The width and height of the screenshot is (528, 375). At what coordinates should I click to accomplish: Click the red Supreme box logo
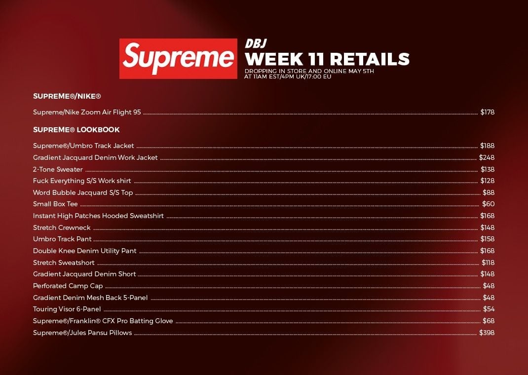coord(178,59)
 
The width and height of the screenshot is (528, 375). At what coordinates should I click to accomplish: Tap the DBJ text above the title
coord(256,43)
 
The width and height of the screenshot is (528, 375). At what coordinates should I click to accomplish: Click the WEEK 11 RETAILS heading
coord(327,59)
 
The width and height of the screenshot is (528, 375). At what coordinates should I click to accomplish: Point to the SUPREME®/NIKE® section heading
coord(67,96)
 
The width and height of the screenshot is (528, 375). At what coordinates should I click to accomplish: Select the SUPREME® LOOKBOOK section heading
coord(76,130)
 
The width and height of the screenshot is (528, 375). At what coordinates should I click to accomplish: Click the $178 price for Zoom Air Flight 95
coord(487,112)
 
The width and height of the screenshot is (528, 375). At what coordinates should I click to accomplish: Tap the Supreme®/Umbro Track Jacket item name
coord(83,146)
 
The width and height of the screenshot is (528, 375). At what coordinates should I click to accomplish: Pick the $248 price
coord(487,157)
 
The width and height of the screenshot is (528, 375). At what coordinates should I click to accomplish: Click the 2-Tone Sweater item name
coord(58,169)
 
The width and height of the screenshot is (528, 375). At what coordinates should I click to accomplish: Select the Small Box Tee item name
coord(55,204)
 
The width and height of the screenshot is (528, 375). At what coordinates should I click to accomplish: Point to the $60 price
coord(488,204)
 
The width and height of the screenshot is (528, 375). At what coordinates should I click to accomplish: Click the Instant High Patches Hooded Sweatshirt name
coord(98,216)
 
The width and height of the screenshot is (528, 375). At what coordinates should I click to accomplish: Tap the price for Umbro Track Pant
coord(487,239)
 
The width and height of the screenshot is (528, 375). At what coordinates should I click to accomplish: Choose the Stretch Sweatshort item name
coord(64,262)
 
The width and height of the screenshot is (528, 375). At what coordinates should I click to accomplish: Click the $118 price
coord(488,262)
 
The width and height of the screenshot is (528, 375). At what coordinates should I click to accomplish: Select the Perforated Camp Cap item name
coord(68,286)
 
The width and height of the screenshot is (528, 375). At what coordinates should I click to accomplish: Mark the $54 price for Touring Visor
coord(489,309)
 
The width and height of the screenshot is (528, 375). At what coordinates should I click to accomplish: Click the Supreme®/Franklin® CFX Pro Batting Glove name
coord(103,321)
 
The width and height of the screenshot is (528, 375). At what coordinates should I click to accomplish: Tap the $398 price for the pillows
coord(487,333)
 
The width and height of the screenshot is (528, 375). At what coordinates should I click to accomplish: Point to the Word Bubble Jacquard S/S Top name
coord(83,192)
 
